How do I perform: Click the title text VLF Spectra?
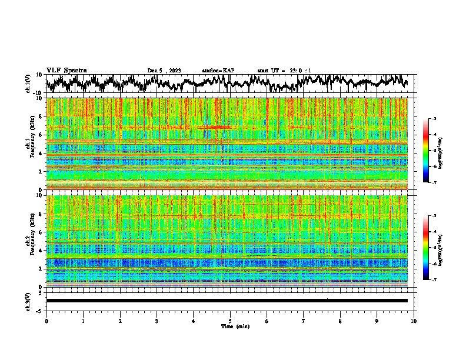tap(66, 70)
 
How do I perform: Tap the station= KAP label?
tap(218, 71)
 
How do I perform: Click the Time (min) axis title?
tap(230, 326)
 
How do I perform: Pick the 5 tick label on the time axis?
tap(230, 321)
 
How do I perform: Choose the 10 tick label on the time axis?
tap(414, 321)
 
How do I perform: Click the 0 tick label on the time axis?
tap(46, 321)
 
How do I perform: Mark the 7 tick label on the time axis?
tap(304, 321)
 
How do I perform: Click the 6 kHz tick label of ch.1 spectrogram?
tap(41, 135)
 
